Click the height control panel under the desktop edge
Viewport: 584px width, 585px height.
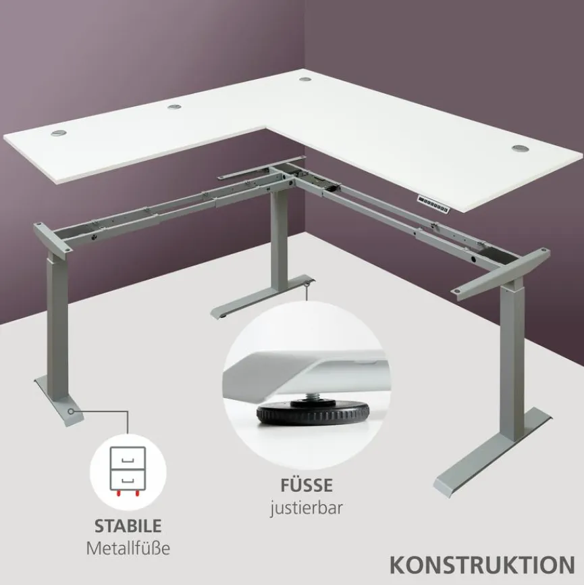pos(434,201)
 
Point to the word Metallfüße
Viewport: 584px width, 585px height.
pos(128,548)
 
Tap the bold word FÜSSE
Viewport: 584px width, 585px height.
pos(307,485)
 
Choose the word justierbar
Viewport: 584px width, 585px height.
pos(307,507)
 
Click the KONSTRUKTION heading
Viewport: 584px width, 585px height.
pos(482,564)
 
